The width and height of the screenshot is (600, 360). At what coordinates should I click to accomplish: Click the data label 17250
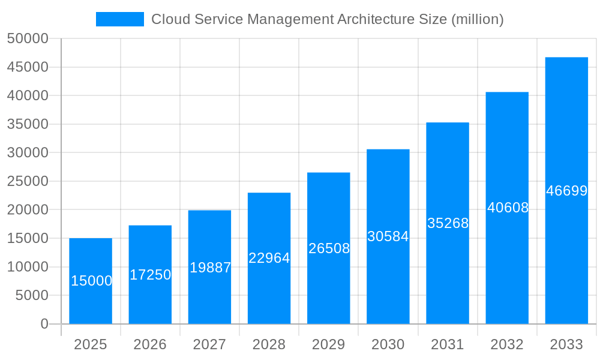(x=151, y=275)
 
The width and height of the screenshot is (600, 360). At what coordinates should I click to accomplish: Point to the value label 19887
(x=210, y=268)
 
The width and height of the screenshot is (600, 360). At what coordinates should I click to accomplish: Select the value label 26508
(x=329, y=248)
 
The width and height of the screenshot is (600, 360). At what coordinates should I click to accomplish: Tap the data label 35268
(x=448, y=223)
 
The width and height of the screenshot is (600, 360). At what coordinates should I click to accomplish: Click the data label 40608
(x=508, y=208)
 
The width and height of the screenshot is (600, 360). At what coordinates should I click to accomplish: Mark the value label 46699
(x=566, y=191)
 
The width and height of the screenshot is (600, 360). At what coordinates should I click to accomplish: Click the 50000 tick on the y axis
(x=28, y=39)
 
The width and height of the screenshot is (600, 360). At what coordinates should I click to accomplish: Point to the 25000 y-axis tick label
(x=28, y=181)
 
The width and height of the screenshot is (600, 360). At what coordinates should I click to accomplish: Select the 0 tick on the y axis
(x=44, y=324)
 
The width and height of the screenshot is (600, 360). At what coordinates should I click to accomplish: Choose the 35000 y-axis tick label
(x=28, y=124)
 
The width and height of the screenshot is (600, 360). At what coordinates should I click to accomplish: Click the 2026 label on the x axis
(x=150, y=344)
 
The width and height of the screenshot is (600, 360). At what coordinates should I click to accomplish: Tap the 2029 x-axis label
(x=329, y=344)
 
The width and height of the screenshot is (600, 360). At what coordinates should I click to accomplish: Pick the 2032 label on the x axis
(x=507, y=344)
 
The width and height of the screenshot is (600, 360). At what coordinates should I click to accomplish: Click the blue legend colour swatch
(x=120, y=19)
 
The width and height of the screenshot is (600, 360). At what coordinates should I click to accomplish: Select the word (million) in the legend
(x=476, y=19)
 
